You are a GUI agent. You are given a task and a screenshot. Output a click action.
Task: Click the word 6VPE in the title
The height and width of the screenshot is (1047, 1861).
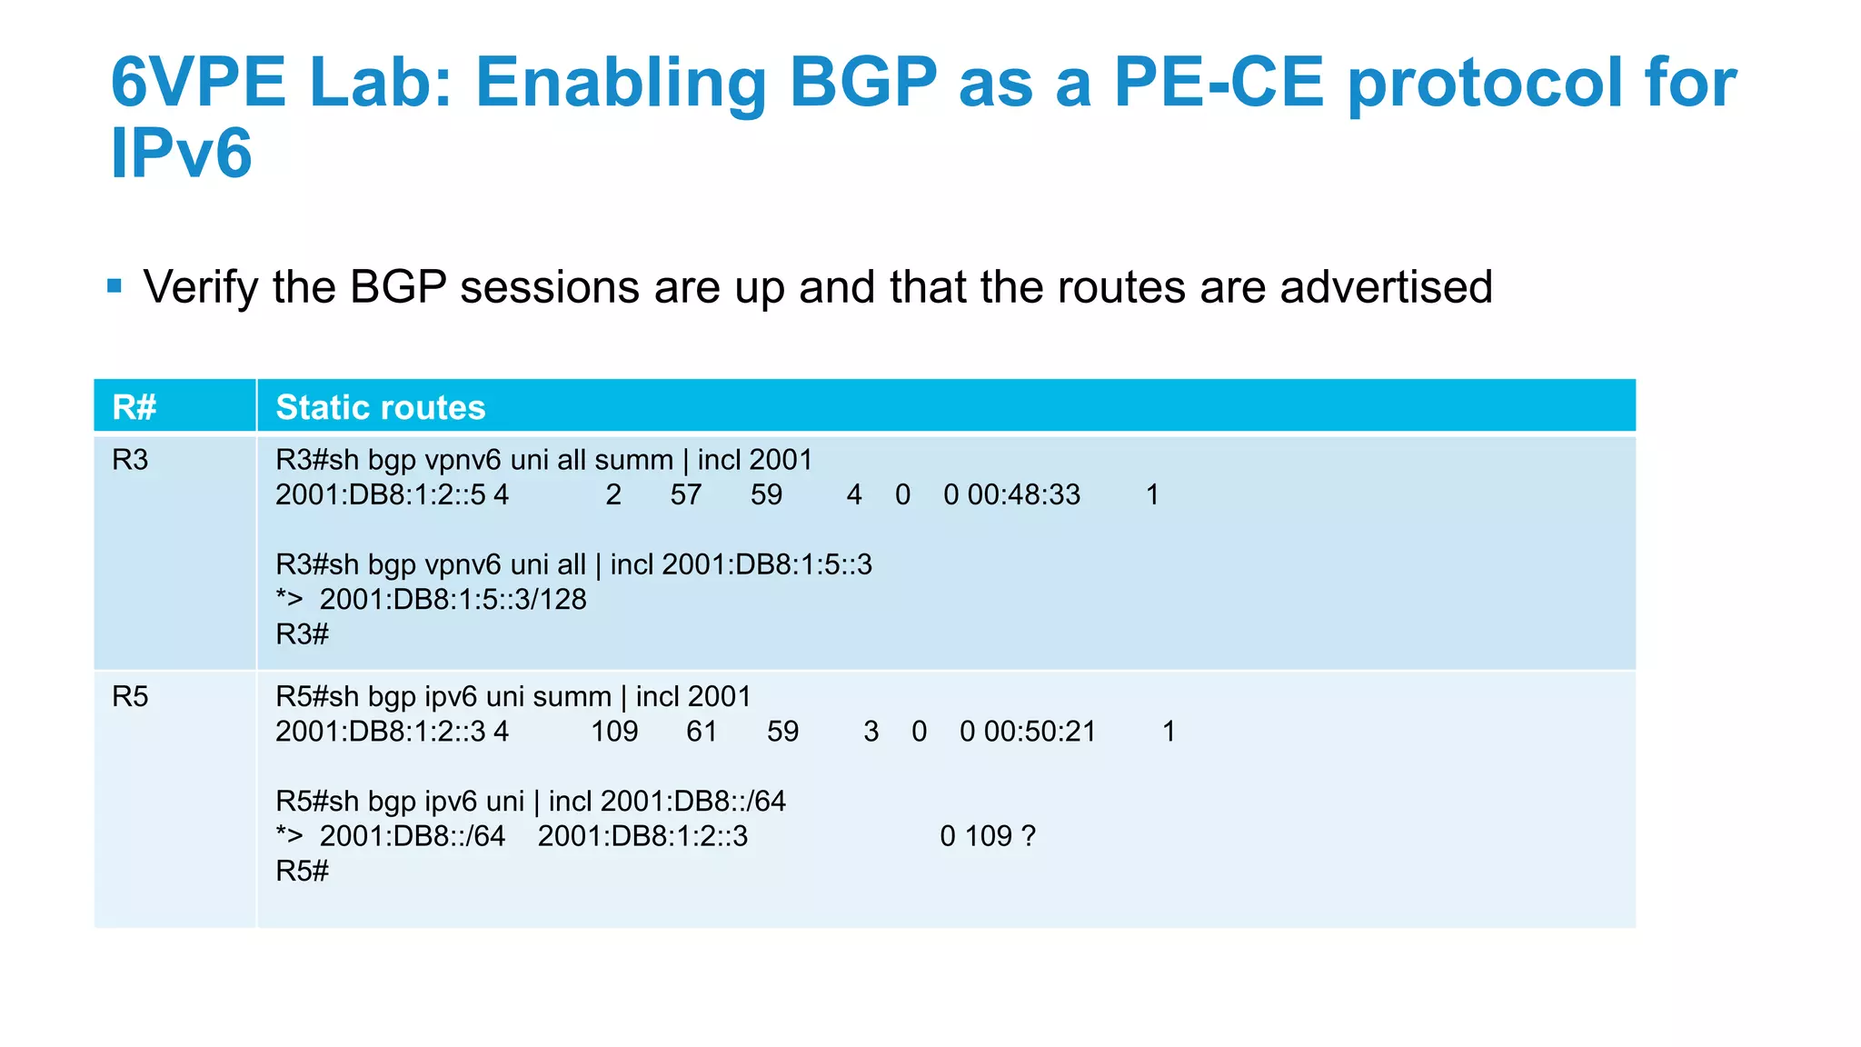tap(197, 83)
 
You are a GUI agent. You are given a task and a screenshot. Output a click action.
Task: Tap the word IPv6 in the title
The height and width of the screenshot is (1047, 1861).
tap(181, 154)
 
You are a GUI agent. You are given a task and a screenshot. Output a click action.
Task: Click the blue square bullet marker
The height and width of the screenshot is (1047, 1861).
tap(114, 286)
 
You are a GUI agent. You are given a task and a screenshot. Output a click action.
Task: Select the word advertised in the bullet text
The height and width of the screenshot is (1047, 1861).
tap(1386, 287)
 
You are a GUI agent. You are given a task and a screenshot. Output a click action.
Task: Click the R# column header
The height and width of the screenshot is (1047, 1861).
tap(134, 407)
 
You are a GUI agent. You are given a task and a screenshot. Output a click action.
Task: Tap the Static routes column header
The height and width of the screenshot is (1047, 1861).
tap(380, 407)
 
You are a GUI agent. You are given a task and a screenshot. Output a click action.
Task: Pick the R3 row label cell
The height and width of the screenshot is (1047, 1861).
tap(130, 460)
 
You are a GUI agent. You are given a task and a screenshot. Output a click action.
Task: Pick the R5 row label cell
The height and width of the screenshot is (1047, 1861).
tap(130, 697)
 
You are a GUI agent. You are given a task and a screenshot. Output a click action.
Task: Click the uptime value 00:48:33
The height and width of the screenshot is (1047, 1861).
tap(1023, 494)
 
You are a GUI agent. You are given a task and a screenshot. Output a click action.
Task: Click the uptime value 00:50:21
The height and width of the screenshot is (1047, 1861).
tap(1040, 732)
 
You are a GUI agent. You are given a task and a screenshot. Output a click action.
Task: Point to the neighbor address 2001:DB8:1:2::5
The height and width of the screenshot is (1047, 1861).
tap(380, 494)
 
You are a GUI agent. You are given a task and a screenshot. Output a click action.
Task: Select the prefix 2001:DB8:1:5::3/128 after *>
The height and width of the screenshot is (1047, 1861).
tap(453, 600)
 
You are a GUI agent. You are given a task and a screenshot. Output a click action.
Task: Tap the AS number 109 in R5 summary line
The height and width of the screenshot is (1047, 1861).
tap(614, 732)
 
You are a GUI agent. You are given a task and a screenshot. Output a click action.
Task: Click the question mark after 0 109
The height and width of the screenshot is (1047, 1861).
tap(1029, 836)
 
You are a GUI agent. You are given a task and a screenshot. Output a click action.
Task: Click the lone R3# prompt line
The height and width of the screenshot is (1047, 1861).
tap(302, 634)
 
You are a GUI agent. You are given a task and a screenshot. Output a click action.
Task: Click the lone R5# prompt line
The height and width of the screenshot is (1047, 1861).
tap(302, 872)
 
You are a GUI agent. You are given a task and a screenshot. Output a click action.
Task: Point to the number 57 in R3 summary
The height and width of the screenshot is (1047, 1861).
tap(686, 494)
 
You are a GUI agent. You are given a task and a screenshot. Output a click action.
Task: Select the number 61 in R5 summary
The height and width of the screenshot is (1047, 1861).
tap(702, 732)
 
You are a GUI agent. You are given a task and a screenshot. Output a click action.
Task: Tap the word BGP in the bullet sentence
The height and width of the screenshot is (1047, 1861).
tap(398, 287)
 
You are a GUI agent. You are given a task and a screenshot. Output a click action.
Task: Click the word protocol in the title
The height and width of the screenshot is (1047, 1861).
tap(1485, 83)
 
